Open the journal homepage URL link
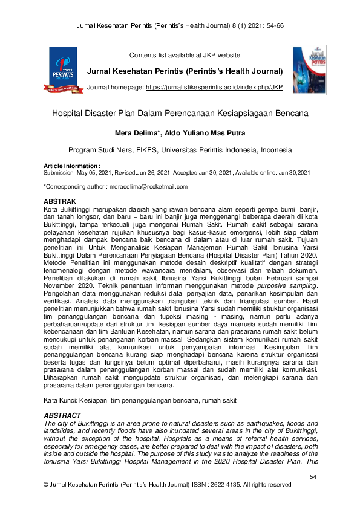tap(214, 88)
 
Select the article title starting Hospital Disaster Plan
tap(180, 113)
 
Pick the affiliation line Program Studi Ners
tap(180, 150)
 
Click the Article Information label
tap(71, 166)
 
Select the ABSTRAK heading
tap(60, 200)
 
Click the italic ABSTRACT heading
tap(63, 415)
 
